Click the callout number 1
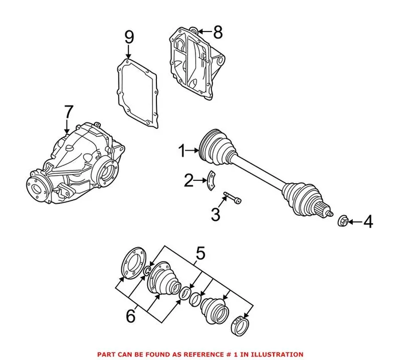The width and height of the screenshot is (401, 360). coord(182,152)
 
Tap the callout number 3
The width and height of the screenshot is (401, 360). coord(215,215)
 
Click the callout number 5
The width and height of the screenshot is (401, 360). coord(200,252)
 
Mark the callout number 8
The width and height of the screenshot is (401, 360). coord(217,31)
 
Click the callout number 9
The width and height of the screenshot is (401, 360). coord(129,39)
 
